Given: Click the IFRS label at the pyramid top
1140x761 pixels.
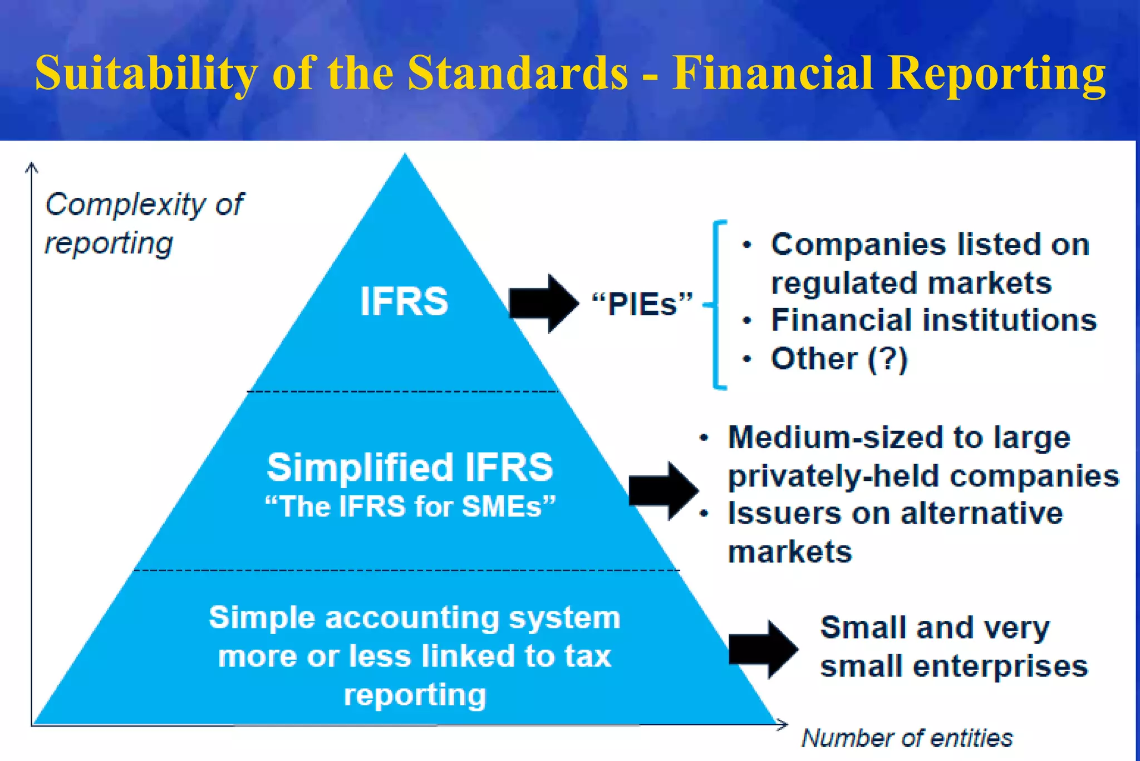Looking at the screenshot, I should point(404,301).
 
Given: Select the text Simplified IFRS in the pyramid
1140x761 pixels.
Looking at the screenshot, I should point(410,467).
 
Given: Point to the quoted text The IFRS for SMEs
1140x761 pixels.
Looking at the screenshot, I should point(410,507).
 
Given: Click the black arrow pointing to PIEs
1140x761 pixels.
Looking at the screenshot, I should point(543,304).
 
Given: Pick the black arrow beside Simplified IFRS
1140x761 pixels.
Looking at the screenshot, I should point(662,490).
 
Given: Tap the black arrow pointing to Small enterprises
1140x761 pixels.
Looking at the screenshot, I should point(763,649).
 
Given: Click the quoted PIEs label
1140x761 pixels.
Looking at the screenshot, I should point(642,304).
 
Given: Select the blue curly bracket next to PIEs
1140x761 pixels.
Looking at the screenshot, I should point(717,305).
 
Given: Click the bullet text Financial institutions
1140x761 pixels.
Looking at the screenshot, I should point(933,320).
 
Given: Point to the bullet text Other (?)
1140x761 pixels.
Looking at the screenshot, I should point(839,359).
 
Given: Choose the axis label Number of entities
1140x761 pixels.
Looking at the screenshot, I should point(907,738).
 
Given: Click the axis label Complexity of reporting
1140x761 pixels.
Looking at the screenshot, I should point(144,223).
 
